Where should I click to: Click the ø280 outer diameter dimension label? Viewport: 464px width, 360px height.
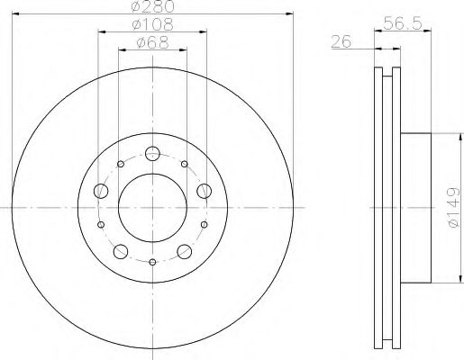pos(151,8)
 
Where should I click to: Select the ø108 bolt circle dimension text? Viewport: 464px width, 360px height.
pos(151,24)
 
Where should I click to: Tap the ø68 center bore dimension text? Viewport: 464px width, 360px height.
pos(151,40)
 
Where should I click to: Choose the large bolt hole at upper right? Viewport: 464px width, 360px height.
pos(205,189)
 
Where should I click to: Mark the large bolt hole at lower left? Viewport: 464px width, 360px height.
pos(120,250)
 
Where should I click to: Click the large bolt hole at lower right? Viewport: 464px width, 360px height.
pos(184,250)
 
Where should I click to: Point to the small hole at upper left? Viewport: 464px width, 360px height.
pos(120,164)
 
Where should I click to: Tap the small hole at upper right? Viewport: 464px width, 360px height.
pos(185,164)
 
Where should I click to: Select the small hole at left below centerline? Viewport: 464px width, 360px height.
pos(100,224)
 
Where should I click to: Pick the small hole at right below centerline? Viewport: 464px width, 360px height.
pos(205,224)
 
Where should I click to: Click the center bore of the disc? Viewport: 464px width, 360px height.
pos(152,207)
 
